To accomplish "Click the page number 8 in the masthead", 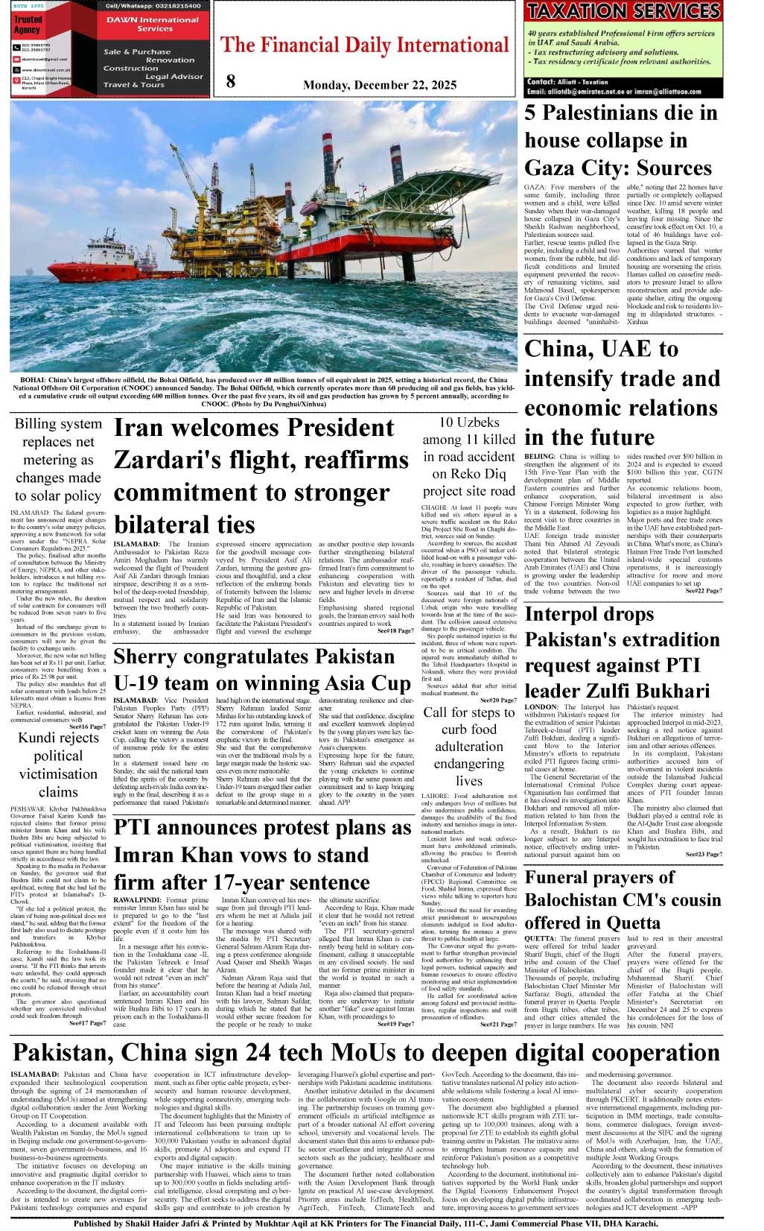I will pyautogui.click(x=231, y=81).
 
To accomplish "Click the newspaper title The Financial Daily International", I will pyautogui.click(x=364, y=45).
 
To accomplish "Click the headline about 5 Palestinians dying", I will pyautogui.click(x=621, y=140).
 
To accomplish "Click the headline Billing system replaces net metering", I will pyautogui.click(x=58, y=459).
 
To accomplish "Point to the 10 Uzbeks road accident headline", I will pyautogui.click(x=468, y=456).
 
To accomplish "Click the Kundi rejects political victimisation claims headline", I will pyautogui.click(x=58, y=765).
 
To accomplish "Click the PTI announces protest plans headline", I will pyautogui.click(x=262, y=855).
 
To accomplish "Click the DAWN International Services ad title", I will pyautogui.click(x=152, y=24).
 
